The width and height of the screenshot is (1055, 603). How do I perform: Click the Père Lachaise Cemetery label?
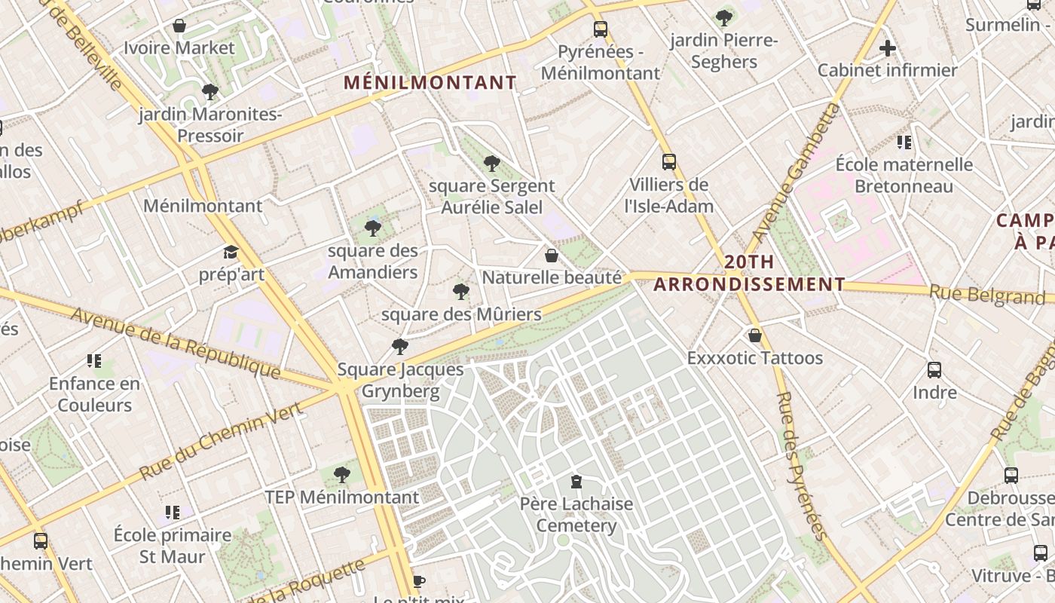click(x=576, y=514)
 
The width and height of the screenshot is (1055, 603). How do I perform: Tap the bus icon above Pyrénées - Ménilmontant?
click(x=600, y=29)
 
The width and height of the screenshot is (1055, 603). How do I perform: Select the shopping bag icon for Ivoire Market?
click(x=179, y=26)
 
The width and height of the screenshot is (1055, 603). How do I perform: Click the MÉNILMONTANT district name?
click(x=430, y=83)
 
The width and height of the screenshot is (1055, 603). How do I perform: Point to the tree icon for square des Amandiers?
click(x=372, y=228)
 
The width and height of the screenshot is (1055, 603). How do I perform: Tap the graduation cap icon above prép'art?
click(x=231, y=253)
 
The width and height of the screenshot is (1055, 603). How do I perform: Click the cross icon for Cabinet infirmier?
click(x=888, y=49)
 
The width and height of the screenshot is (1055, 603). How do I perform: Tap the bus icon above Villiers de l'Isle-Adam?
click(x=668, y=162)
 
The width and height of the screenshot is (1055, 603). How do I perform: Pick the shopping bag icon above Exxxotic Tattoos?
click(x=754, y=335)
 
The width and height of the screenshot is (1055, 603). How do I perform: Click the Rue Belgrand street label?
click(x=986, y=295)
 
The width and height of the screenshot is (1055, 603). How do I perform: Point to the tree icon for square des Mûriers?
click(x=461, y=292)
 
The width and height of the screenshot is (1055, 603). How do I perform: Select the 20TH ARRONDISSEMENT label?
click(x=748, y=274)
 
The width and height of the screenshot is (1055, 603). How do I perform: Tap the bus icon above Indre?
click(x=934, y=370)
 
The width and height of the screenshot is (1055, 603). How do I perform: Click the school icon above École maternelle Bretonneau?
click(x=904, y=142)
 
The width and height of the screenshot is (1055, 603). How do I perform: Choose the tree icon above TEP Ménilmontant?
click(x=341, y=475)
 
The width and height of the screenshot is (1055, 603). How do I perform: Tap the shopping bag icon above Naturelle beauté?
click(x=552, y=256)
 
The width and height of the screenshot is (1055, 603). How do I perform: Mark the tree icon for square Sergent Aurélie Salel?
click(x=491, y=164)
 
